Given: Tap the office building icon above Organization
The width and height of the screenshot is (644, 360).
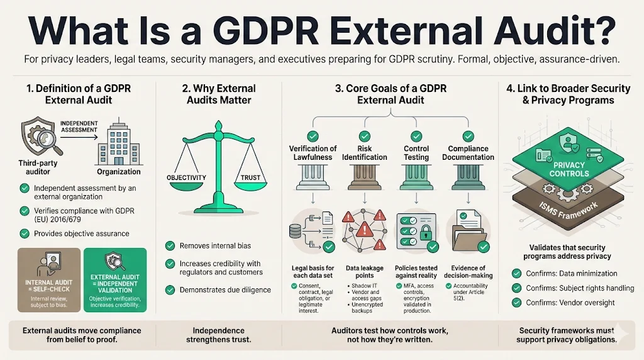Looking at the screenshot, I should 118,143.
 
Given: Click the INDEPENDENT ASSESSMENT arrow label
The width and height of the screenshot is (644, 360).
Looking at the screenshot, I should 79,126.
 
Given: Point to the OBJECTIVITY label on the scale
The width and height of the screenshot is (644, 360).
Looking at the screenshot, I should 187,177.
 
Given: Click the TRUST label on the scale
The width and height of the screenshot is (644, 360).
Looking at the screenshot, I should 250,177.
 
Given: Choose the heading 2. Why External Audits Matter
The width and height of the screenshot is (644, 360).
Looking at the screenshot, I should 217,94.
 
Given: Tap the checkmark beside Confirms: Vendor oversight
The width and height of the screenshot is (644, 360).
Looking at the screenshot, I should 516,303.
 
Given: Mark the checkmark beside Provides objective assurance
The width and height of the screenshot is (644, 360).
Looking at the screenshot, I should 25,233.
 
